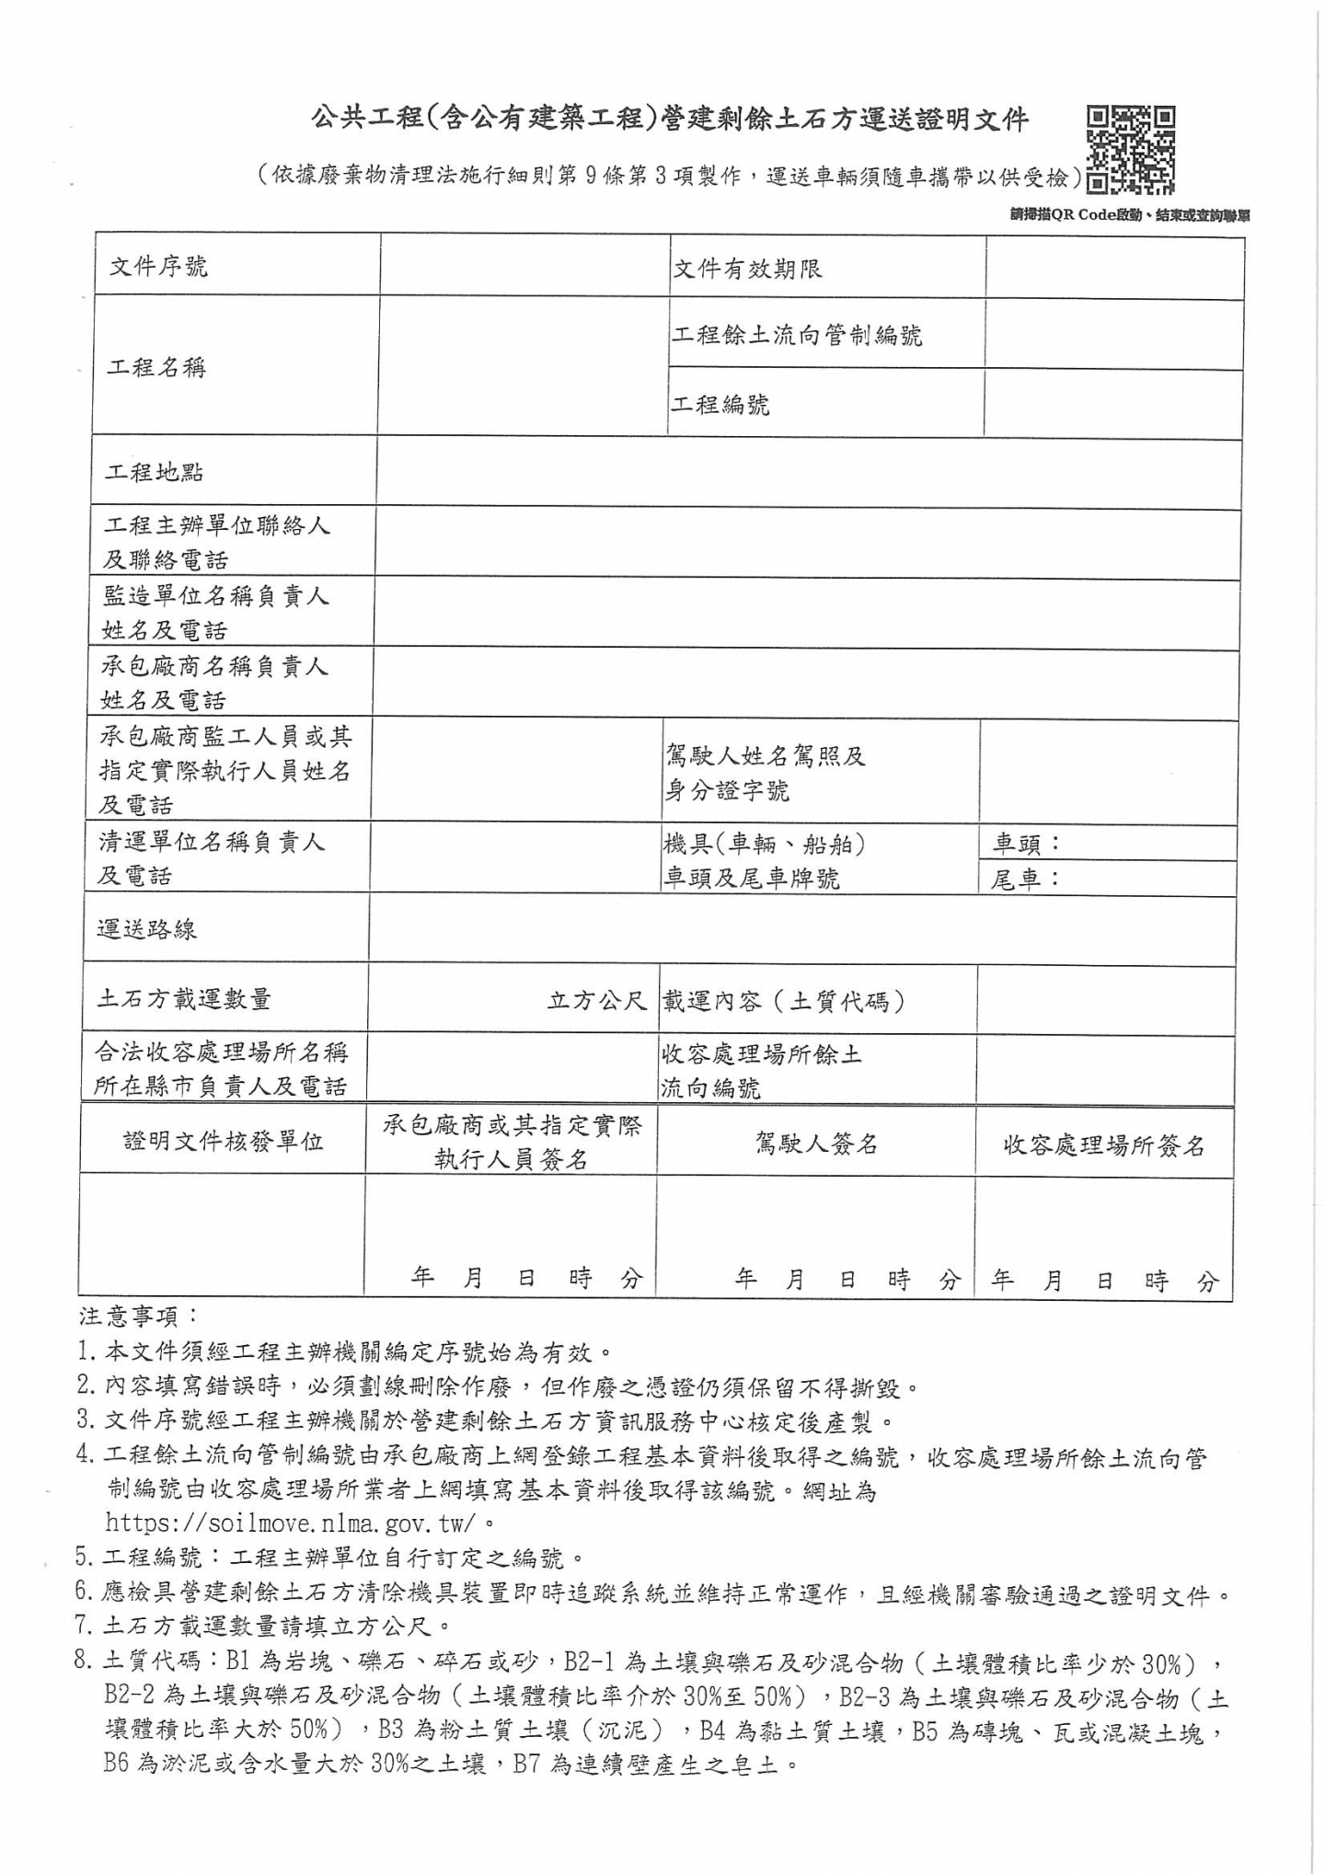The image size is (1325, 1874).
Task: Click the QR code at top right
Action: pyautogui.click(x=1130, y=150)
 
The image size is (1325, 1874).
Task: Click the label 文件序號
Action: pyautogui.click(x=158, y=267)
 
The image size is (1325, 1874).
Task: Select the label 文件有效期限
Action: pyautogui.click(x=747, y=269)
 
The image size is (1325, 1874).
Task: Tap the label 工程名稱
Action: pyautogui.click(x=156, y=368)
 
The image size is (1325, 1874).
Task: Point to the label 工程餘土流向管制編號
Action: pyautogui.click(x=797, y=336)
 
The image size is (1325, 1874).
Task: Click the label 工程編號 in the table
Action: pyautogui.click(x=720, y=405)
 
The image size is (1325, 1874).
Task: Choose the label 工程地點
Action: pyautogui.click(x=155, y=473)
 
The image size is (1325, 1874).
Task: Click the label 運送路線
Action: pyautogui.click(x=147, y=929)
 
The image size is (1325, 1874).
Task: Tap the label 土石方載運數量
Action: pyautogui.click(x=184, y=999)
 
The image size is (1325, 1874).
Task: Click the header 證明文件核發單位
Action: pyautogui.click(x=224, y=1142)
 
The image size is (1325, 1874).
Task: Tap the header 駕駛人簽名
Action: pyautogui.click(x=816, y=1144)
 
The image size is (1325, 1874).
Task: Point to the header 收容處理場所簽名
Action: pyautogui.click(x=1104, y=1145)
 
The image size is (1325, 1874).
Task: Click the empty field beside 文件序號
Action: pyautogui.click(x=524, y=267)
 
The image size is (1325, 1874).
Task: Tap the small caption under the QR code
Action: pyautogui.click(x=1129, y=216)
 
